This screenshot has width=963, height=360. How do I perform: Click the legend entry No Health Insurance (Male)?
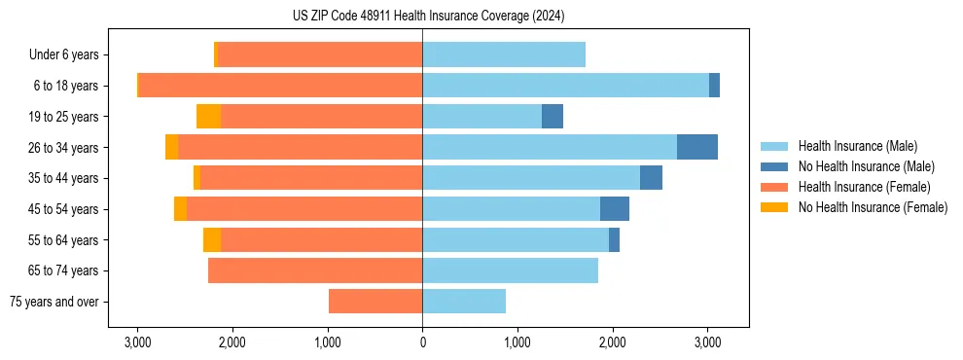coord(866,166)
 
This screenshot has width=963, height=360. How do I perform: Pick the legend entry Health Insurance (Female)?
coord(864,187)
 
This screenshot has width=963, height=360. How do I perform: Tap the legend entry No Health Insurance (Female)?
coord(873,207)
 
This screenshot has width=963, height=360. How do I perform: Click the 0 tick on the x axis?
coord(422,342)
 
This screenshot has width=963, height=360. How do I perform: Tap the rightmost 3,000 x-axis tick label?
coord(707,342)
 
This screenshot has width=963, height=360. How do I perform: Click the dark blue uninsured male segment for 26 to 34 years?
coord(697,147)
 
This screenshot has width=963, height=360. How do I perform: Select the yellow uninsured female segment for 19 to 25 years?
coord(208,117)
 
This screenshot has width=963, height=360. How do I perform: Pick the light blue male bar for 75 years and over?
coord(464,302)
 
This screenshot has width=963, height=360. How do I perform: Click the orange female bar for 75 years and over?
coord(375,302)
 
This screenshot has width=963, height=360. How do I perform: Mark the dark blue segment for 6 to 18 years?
coord(714,86)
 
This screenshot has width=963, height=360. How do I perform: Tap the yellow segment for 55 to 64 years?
coord(212,239)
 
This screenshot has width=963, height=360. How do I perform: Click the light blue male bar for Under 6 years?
coord(504,54)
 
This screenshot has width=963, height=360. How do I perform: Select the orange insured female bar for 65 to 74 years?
coord(315,270)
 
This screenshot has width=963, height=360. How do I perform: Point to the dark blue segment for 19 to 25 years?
coord(553,117)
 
